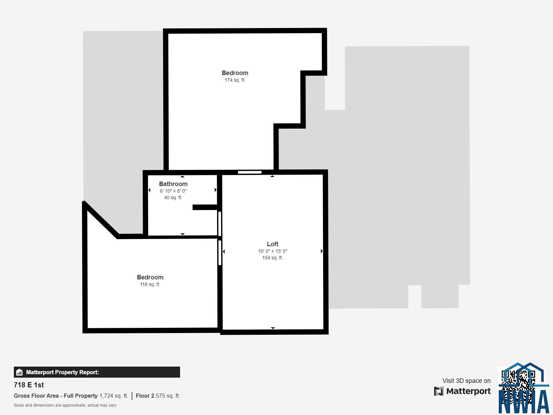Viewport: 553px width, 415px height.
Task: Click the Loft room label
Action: tap(273, 244)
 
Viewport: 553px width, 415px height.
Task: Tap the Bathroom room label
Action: tap(173, 184)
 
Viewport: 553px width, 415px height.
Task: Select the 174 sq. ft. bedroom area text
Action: tap(235, 80)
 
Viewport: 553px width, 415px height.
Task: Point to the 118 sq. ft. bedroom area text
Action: tap(150, 285)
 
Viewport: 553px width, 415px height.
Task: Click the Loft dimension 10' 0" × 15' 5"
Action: tap(273, 251)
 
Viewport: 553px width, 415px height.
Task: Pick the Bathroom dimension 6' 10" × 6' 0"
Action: tap(173, 191)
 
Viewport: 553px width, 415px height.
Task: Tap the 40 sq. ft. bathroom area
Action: tap(173, 197)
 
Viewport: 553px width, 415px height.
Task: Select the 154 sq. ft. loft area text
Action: tap(273, 258)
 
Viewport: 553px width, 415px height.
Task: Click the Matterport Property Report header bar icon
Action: tap(19, 372)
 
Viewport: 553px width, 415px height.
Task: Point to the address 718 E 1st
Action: tap(29, 385)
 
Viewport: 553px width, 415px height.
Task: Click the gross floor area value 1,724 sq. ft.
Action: tap(114, 396)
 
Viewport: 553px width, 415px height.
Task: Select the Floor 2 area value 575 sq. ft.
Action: tap(168, 396)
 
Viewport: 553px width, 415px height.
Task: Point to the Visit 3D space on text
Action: tap(466, 381)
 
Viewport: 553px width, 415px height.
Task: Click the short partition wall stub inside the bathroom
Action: tap(205, 207)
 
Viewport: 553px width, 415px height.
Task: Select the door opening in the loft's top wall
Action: tap(250, 172)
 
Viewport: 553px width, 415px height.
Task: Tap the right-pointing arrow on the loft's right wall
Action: tap(322, 251)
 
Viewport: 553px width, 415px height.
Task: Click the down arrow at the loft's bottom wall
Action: tap(273, 328)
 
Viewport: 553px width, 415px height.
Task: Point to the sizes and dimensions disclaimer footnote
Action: tap(65, 405)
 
